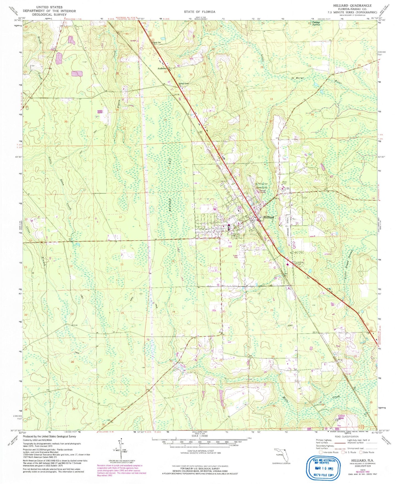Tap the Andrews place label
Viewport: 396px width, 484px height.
pos(162,69)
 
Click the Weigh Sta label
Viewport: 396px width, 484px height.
pos(156,42)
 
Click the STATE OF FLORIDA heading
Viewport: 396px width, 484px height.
pos(199,12)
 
